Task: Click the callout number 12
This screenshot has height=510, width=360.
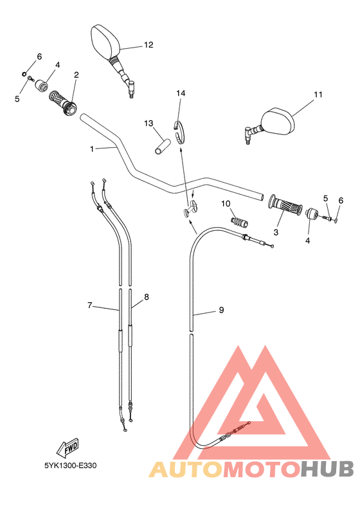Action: pyautogui.click(x=148, y=45)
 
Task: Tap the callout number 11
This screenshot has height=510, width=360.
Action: pyautogui.click(x=318, y=95)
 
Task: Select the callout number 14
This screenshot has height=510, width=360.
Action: pyautogui.click(x=181, y=93)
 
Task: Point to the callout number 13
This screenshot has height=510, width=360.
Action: pyautogui.click(x=148, y=123)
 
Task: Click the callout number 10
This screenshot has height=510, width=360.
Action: pyautogui.click(x=226, y=204)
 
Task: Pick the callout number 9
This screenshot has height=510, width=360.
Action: pyautogui.click(x=221, y=310)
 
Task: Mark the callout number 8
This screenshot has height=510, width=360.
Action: pyautogui.click(x=147, y=297)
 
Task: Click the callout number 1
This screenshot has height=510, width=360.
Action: pyautogui.click(x=92, y=149)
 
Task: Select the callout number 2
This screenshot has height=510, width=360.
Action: pyautogui.click(x=76, y=75)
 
